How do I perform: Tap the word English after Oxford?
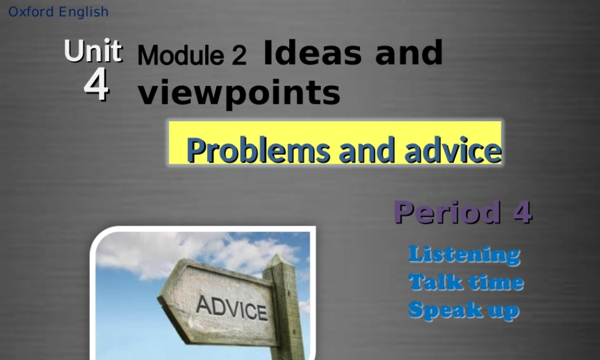pyautogui.click(x=83, y=12)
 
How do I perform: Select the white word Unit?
pyautogui.click(x=93, y=52)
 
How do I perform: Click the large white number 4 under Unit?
pyautogui.click(x=96, y=85)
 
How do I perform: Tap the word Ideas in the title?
pyautogui.click(x=312, y=53)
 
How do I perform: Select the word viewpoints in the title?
pyautogui.click(x=239, y=93)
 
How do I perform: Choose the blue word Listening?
pyautogui.click(x=464, y=254)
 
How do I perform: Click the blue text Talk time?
pyautogui.click(x=466, y=282)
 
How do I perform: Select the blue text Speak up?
pyautogui.click(x=463, y=310)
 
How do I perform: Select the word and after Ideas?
pyautogui.click(x=409, y=53)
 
